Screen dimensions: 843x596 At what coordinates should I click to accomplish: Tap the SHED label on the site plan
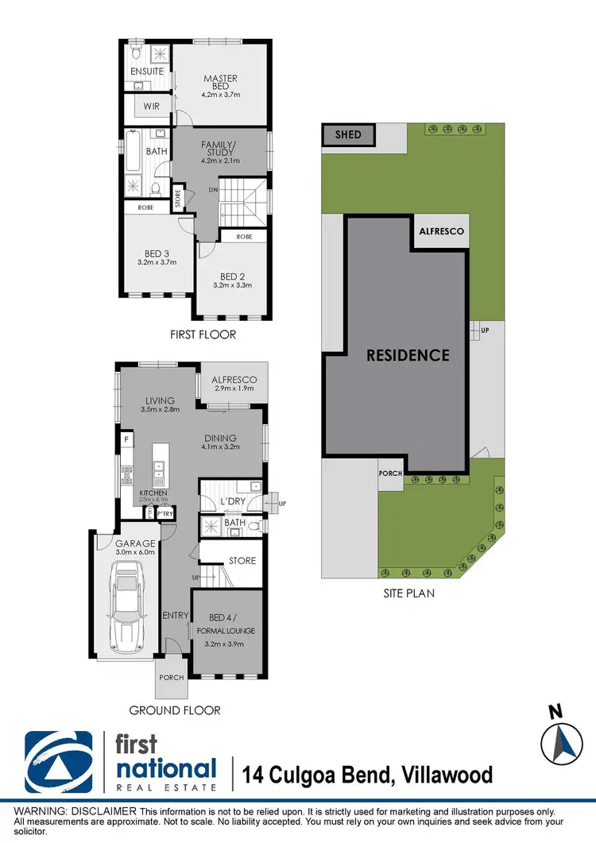(348, 134)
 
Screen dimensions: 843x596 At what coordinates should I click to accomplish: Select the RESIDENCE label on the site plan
(408, 355)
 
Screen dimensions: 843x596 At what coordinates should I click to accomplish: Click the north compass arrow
(562, 743)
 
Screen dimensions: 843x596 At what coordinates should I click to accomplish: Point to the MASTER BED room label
(220, 83)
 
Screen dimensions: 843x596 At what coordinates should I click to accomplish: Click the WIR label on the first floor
(152, 106)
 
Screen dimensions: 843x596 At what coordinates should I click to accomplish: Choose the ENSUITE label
(147, 72)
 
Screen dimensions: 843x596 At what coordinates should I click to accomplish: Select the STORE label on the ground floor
(242, 561)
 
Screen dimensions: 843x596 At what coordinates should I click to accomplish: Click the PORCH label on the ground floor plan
(172, 677)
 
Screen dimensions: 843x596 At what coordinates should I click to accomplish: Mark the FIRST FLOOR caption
(203, 334)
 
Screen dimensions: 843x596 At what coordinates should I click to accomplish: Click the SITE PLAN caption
(406, 593)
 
